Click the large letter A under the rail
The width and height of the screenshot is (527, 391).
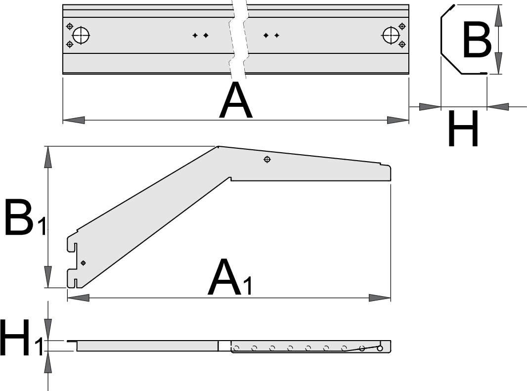point(236,101)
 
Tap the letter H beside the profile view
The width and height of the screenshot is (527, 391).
point(463,129)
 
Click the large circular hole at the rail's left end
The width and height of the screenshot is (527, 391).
point(81,36)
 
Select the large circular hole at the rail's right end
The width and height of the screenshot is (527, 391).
point(391,36)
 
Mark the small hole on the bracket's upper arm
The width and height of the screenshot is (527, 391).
point(267,159)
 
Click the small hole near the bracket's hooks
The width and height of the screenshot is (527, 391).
point(83,262)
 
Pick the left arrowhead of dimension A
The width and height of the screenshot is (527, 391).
point(74,120)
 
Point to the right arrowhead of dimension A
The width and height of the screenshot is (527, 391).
point(397,120)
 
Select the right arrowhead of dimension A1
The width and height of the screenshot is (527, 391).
point(380,298)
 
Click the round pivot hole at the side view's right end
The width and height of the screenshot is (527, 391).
point(380,348)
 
